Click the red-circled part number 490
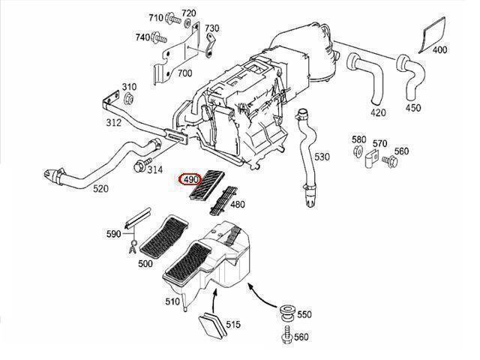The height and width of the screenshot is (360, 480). click(x=190, y=179)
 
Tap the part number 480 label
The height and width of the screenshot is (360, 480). click(x=237, y=204)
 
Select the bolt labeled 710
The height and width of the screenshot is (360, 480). click(x=173, y=19)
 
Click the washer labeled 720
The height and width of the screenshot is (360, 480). click(x=188, y=23)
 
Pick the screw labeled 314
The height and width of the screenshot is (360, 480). click(x=142, y=165)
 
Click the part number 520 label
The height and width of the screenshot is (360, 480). click(x=100, y=188)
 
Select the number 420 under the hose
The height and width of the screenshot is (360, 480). click(x=378, y=112)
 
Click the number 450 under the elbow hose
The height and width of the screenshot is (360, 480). click(x=413, y=108)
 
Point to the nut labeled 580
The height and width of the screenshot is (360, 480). click(x=358, y=151)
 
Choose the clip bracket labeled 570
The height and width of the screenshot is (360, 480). click(x=372, y=160)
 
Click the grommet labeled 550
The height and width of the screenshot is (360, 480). click(x=287, y=313)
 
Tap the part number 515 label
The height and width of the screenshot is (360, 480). click(x=233, y=325)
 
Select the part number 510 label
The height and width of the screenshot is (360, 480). click(x=172, y=301)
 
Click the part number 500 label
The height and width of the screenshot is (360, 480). click(x=145, y=263)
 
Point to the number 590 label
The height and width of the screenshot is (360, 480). click(x=113, y=234)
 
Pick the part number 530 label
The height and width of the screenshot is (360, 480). click(x=322, y=157)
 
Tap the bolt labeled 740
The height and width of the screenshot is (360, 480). click(x=158, y=37)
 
